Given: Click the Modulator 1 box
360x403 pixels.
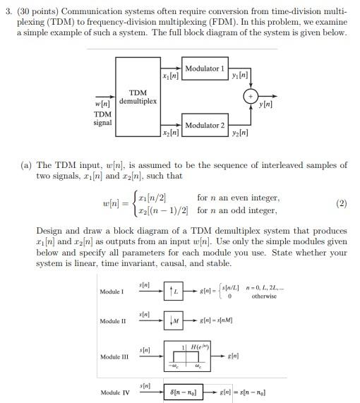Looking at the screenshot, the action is click(x=204, y=68).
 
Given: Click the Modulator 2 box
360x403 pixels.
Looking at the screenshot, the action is click(x=204, y=125).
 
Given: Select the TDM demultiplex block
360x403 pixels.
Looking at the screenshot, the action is click(x=138, y=97).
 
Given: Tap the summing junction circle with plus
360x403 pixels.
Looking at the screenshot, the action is click(x=251, y=97).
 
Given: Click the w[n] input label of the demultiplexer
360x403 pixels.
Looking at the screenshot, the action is click(x=102, y=104).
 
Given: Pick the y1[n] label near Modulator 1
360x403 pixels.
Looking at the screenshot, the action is click(x=239, y=76).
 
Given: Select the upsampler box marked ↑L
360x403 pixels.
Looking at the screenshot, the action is click(x=173, y=291).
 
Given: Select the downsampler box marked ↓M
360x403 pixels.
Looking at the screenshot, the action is click(x=173, y=322).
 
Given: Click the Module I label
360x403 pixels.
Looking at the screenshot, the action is click(x=112, y=291).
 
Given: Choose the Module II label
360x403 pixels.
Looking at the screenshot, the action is click(x=112, y=321).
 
